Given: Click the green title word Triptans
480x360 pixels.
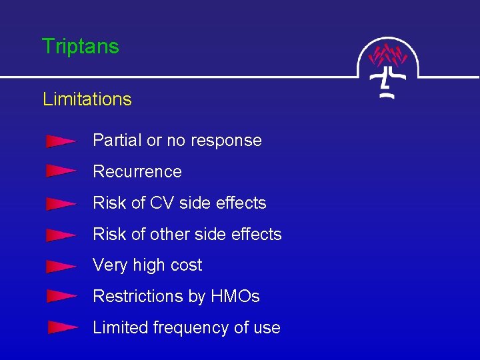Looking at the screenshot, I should (80, 47).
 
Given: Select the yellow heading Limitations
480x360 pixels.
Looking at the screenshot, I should (87, 99).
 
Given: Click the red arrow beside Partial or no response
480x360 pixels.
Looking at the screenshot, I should (61, 141).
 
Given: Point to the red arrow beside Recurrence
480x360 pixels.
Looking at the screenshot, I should (61, 172).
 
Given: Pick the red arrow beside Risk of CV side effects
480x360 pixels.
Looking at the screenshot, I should (61, 203).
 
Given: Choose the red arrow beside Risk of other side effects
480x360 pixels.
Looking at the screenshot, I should (61, 235).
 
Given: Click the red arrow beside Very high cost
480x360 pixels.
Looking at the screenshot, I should (61, 266).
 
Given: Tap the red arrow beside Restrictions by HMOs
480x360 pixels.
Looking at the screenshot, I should (61, 297).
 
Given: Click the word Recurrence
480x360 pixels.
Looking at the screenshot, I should (137, 172).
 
